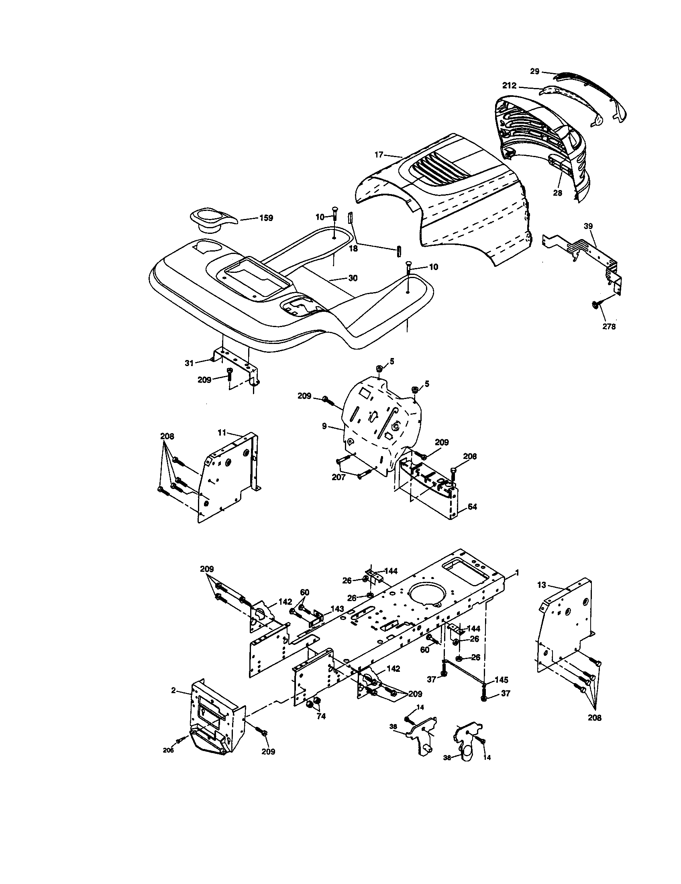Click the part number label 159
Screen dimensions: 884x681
pyautogui.click(x=266, y=218)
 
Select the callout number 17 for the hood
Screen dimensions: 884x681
pyautogui.click(x=379, y=154)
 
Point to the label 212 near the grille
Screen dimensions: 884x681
pyautogui.click(x=509, y=86)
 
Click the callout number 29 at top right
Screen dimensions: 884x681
pyautogui.click(x=534, y=71)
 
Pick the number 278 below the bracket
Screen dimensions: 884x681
pyautogui.click(x=609, y=327)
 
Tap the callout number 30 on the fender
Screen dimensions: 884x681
pyautogui.click(x=353, y=278)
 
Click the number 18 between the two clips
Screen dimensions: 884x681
pyautogui.click(x=353, y=248)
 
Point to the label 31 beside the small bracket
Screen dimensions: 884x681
pyautogui.click(x=189, y=363)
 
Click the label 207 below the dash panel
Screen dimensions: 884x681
pyautogui.click(x=338, y=477)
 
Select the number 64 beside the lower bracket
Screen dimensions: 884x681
pyautogui.click(x=472, y=506)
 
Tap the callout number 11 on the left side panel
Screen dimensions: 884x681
pyautogui.click(x=222, y=432)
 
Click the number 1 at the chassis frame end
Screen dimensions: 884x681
pyautogui.click(x=516, y=573)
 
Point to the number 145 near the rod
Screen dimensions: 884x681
pyautogui.click(x=501, y=679)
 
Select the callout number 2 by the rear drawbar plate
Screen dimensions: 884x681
pyautogui.click(x=173, y=690)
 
